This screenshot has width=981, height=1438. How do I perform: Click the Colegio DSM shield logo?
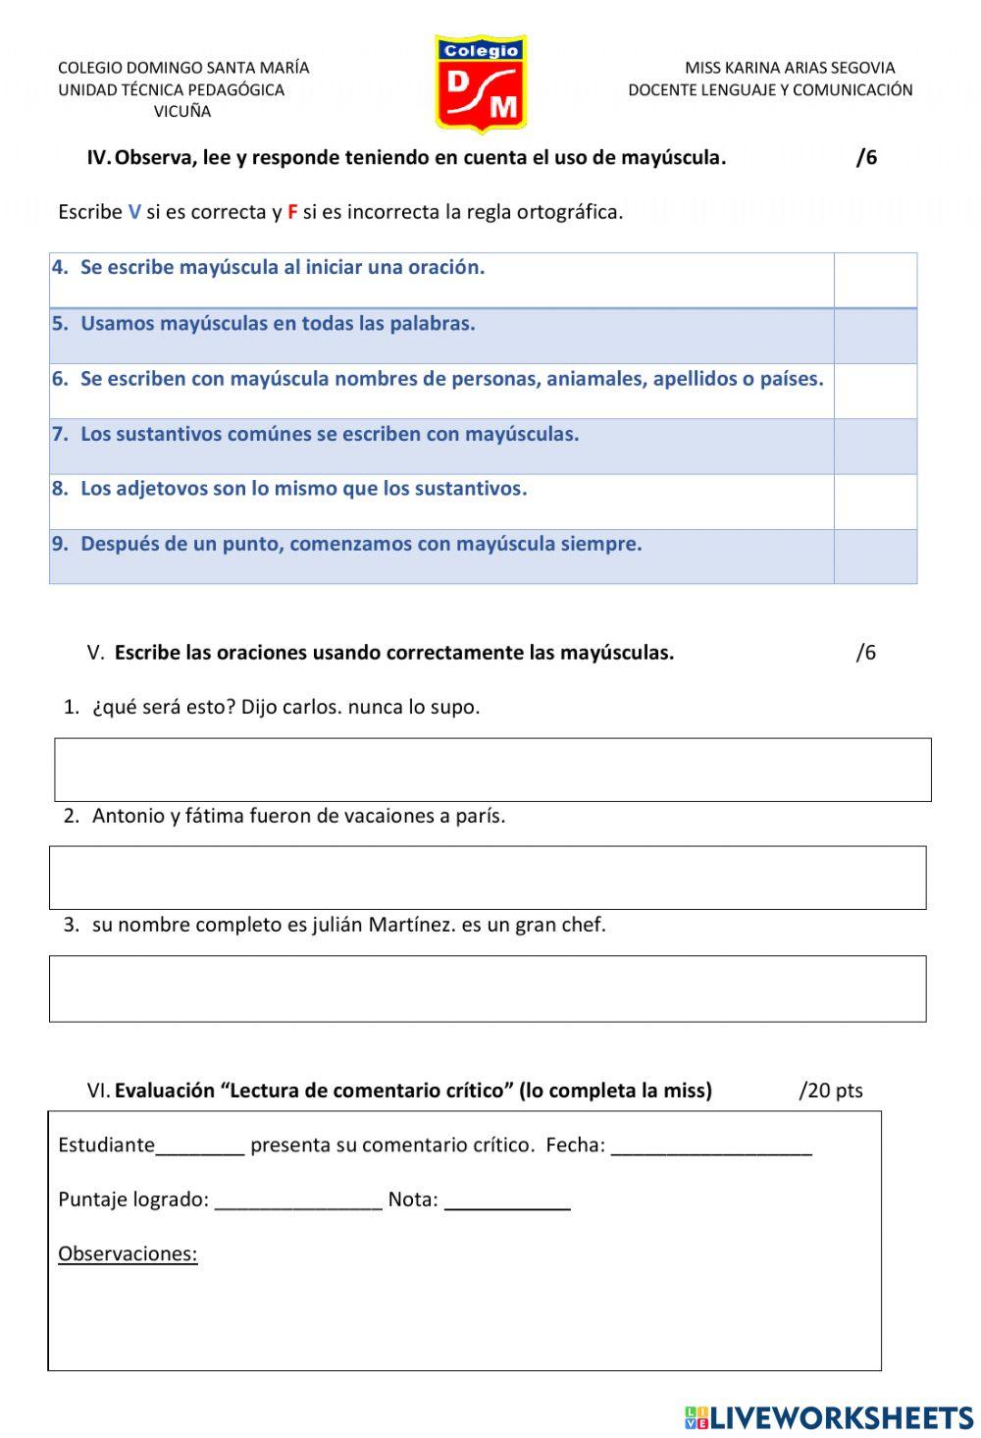click(x=481, y=84)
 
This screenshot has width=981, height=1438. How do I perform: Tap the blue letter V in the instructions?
click(x=134, y=212)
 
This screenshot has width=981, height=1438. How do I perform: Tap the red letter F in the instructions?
click(x=292, y=212)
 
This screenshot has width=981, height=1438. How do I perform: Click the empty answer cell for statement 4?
click(x=875, y=280)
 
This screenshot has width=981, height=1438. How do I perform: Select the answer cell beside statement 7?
click(x=875, y=447)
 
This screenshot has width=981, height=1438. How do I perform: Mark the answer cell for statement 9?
click(x=875, y=557)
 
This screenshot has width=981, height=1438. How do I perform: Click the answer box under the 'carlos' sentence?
click(x=492, y=770)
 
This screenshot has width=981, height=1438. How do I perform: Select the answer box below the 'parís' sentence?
click(x=488, y=878)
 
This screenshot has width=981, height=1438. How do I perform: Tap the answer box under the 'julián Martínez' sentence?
click(x=488, y=988)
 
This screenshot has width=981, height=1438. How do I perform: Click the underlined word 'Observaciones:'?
click(x=128, y=1253)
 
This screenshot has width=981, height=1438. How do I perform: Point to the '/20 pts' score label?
click(x=831, y=1091)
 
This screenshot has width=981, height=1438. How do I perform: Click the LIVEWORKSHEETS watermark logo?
click(x=829, y=1417)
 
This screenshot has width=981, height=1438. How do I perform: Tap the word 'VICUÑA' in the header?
click(x=182, y=111)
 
